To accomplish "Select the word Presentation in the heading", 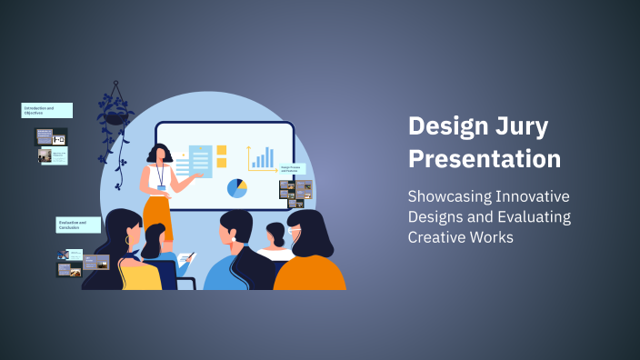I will [484, 158].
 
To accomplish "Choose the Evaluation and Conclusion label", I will [78, 225].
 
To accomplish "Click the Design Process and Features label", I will [293, 169].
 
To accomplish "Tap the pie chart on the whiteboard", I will [237, 188].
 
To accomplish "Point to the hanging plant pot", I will [116, 116].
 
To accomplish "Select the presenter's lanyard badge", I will [161, 187].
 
